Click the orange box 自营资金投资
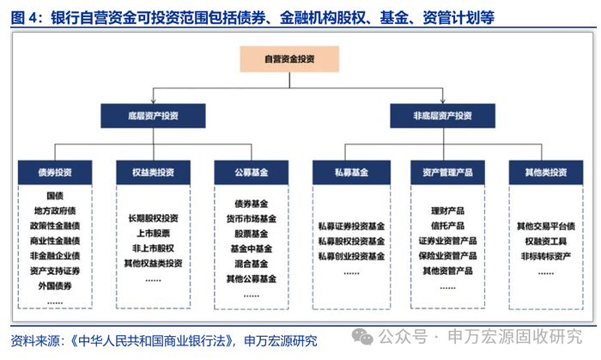click(x=289, y=59)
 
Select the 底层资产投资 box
click(x=153, y=116)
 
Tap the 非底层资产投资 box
click(x=443, y=116)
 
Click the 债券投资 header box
click(x=55, y=173)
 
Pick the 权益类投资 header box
click(x=154, y=173)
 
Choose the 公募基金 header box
click(x=252, y=173)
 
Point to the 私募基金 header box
click(x=351, y=173)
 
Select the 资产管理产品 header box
click(x=447, y=173)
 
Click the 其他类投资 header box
click(x=546, y=173)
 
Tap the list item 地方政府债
click(x=55, y=211)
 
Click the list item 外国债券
click(x=55, y=286)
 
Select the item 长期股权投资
click(x=154, y=218)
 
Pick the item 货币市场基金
click(x=252, y=219)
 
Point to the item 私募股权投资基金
click(x=351, y=241)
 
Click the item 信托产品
click(x=447, y=226)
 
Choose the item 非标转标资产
click(x=546, y=256)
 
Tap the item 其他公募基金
click(x=252, y=278)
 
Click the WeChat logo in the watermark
click(x=362, y=337)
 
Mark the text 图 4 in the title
click(x=25, y=18)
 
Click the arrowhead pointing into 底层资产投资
click(x=154, y=101)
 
